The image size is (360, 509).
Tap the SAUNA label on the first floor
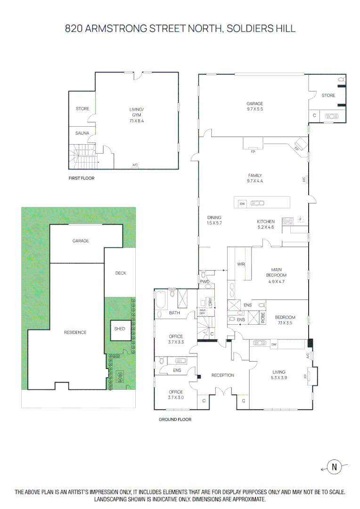pyautogui.click(x=82, y=133)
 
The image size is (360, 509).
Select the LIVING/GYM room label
pyautogui.click(x=137, y=115)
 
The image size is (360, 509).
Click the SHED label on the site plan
pyautogui.click(x=120, y=328)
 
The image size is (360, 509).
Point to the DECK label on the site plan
pyautogui.click(x=121, y=273)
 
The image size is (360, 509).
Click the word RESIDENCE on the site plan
pyautogui.click(x=75, y=332)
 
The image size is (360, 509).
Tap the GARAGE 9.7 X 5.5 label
pyautogui.click(x=254, y=107)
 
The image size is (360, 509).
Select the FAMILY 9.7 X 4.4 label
pyautogui.click(x=254, y=178)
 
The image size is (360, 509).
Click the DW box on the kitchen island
pyautogui.click(x=243, y=204)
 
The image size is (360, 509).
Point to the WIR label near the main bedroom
pyautogui.click(x=241, y=264)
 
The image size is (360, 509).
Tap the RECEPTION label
pyautogui.click(x=222, y=375)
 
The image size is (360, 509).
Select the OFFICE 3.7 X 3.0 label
pyautogui.click(x=176, y=394)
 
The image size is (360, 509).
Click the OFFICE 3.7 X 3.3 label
pyautogui.click(x=176, y=339)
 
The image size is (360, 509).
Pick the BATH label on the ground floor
pyautogui.click(x=174, y=313)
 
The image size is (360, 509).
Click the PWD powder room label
pyautogui.click(x=205, y=282)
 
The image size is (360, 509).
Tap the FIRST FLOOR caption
pyautogui.click(x=81, y=179)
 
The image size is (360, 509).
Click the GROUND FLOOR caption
pyautogui.click(x=175, y=419)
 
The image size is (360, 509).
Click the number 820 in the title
pyautogui.click(x=74, y=29)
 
